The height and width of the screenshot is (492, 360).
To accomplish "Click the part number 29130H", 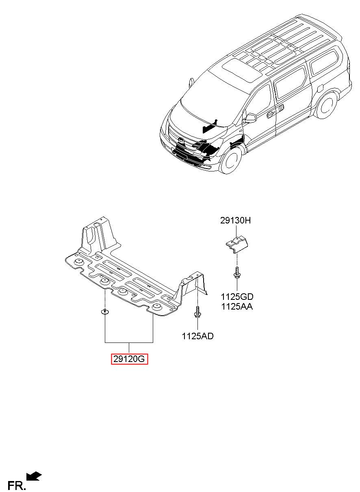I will (x=236, y=221).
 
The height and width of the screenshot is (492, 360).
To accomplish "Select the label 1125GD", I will (x=237, y=297).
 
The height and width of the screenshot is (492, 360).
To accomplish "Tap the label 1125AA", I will (x=237, y=307).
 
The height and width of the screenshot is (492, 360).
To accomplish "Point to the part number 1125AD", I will (x=197, y=336).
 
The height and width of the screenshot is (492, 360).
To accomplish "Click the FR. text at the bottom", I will (x=16, y=485).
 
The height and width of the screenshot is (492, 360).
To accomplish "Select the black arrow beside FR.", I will (x=34, y=477).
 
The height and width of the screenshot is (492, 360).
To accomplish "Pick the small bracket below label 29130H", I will (x=236, y=244).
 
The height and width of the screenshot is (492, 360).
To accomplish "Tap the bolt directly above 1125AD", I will (x=197, y=312).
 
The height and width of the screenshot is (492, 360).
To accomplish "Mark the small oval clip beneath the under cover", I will (x=105, y=312).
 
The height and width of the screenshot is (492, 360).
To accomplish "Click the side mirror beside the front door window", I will (x=251, y=118).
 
